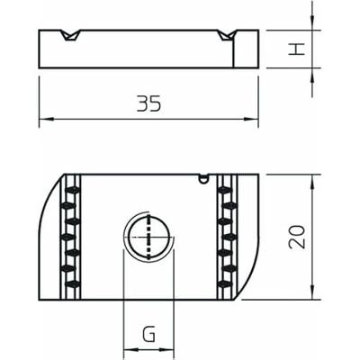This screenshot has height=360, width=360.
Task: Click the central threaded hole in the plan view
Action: pos(144,238)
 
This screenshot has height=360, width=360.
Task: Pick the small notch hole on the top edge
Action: pos(205,177)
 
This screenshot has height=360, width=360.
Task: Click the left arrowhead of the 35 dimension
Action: pos(45,119)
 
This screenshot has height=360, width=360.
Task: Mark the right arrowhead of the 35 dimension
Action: pos(252,119)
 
